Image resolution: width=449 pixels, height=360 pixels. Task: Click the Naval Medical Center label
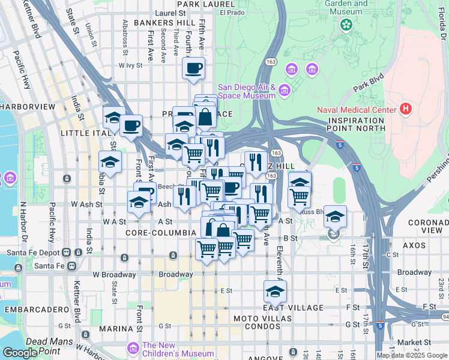(x=357, y=110)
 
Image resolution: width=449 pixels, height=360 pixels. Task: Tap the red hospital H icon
(x=406, y=110)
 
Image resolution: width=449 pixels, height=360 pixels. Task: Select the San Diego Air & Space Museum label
(x=246, y=91)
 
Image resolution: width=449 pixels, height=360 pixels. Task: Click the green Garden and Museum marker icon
(x=346, y=25)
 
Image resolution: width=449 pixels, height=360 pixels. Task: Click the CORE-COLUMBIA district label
(x=160, y=232)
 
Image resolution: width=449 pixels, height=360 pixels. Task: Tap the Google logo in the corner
(x=19, y=353)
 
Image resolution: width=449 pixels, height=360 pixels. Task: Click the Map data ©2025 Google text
(x=412, y=355)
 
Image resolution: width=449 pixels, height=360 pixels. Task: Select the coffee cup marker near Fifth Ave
(x=193, y=68)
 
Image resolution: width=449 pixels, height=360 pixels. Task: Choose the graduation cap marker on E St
(x=275, y=292)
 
